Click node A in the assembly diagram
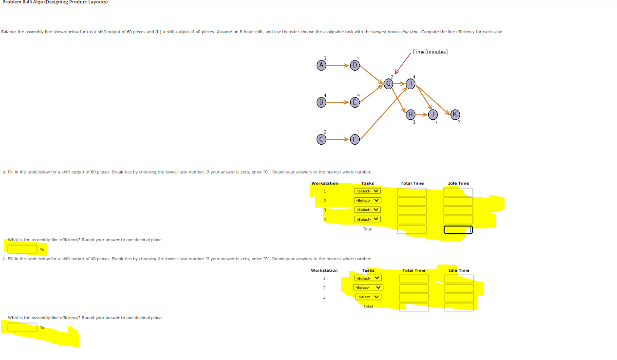320,65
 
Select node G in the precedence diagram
388,84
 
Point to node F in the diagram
355,139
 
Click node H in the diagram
411,114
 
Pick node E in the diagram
355,102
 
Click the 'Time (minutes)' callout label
430,52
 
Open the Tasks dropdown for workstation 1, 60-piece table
368,191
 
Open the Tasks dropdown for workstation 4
368,219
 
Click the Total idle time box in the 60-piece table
458,229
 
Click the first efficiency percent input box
22,249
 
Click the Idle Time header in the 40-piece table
458,270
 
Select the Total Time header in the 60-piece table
412,183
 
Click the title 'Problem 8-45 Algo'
54,2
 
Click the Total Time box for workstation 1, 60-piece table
412,192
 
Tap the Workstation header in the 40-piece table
324,270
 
